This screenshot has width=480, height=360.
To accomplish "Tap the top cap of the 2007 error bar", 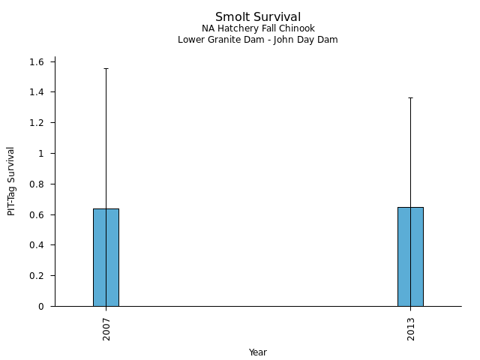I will pyautogui.click(x=106, y=68).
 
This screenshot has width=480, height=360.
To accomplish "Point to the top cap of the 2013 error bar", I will pyautogui.click(x=410, y=97).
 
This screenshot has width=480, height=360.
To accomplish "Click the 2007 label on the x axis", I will pyautogui.click(x=106, y=328).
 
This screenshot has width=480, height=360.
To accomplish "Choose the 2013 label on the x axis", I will pyautogui.click(x=411, y=328).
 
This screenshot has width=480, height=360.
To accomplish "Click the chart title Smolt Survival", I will pyautogui.click(x=258, y=17).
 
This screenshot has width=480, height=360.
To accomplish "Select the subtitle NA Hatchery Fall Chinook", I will pyautogui.click(x=258, y=28).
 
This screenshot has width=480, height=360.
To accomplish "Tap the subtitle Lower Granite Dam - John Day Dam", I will pyautogui.click(x=258, y=40).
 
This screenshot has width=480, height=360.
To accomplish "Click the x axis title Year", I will pyautogui.click(x=258, y=352).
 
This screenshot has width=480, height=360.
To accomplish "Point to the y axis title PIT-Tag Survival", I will pyautogui.click(x=11, y=181).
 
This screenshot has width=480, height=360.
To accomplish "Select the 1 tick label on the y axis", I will pyautogui.click(x=42, y=153).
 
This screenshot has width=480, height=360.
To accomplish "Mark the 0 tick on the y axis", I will pyautogui.click(x=42, y=306).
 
